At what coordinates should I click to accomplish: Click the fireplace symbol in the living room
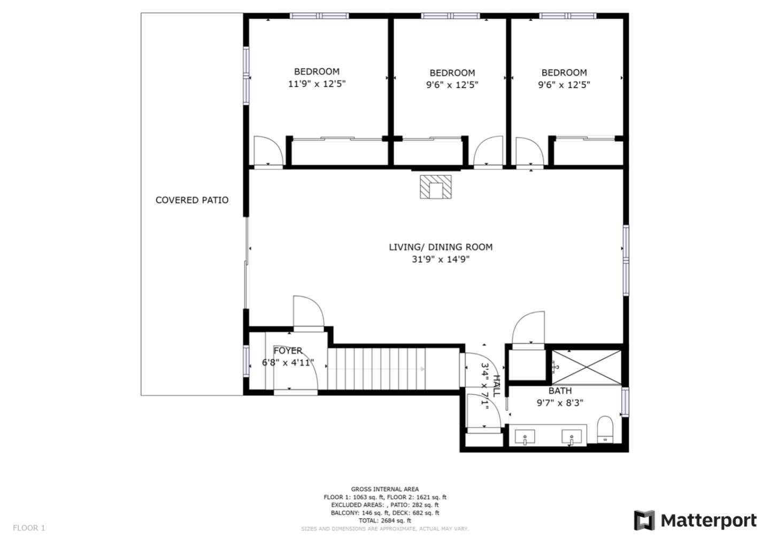(435, 187)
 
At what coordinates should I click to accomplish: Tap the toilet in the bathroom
(605, 430)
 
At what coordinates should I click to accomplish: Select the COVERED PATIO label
(192, 200)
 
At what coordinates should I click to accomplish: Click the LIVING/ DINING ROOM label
(441, 247)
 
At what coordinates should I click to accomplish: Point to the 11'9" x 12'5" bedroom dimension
(317, 84)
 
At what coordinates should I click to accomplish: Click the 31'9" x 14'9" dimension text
(441, 259)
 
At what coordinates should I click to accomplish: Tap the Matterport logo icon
(644, 520)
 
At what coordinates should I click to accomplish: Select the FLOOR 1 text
(29, 528)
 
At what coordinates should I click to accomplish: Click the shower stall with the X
(587, 367)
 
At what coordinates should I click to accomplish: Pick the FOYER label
(288, 351)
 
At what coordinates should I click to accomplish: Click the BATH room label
(560, 391)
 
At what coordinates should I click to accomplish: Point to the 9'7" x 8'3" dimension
(560, 402)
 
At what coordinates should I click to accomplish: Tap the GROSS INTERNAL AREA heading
(384, 489)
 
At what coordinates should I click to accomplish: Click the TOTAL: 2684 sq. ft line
(384, 520)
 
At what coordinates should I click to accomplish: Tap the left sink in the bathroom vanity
(525, 437)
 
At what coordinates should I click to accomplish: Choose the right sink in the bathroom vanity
(571, 437)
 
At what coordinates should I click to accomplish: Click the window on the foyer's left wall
(246, 361)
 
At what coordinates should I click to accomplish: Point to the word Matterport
(709, 520)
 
